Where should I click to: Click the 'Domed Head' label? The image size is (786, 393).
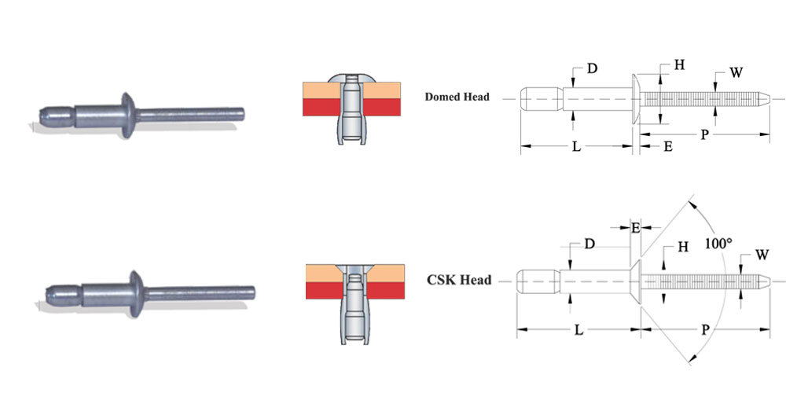pyautogui.click(x=457, y=97)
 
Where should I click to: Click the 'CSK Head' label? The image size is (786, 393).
pyautogui.click(x=458, y=280)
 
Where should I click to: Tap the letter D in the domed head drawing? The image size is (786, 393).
pyautogui.click(x=591, y=69)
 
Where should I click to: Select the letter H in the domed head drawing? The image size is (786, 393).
pyautogui.click(x=679, y=65)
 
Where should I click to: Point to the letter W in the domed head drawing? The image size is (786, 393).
pyautogui.click(x=736, y=73)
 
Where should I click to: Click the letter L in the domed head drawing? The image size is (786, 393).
pyautogui.click(x=576, y=147)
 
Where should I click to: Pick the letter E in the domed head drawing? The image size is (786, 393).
pyautogui.click(x=667, y=147)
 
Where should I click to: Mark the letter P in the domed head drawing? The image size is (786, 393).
pyautogui.click(x=706, y=135)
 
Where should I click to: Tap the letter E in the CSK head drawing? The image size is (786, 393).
pyautogui.click(x=635, y=228)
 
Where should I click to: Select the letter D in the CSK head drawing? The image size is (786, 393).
pyautogui.click(x=589, y=244)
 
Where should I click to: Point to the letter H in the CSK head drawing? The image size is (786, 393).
pyautogui.click(x=683, y=247)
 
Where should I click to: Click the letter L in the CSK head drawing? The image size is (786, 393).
pyautogui.click(x=578, y=332)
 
